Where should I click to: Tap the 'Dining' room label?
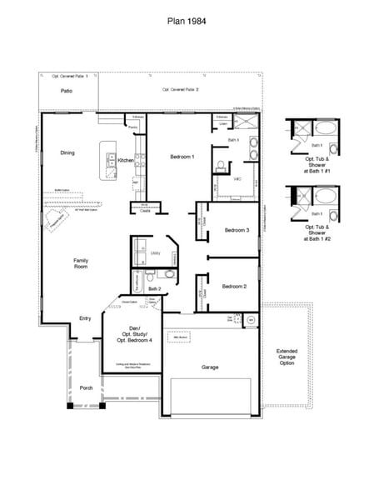tap(67, 153)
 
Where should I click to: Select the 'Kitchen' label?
tap(125, 160)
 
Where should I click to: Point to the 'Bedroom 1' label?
tap(182, 157)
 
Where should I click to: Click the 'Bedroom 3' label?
tap(237, 230)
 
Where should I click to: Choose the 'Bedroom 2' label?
tap(234, 286)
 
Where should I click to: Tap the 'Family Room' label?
tap(81, 263)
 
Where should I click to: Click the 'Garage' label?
tap(210, 366)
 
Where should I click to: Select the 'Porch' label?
tap(86, 387)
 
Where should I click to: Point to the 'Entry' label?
tap(85, 318)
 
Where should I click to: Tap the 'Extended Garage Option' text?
tap(287, 357)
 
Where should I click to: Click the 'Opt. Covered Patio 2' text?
tap(180, 89)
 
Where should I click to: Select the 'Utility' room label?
tap(154, 251)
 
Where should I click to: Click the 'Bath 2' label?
tap(155, 288)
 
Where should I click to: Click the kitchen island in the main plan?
tap(107, 160)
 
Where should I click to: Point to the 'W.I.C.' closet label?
tap(237, 178)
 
